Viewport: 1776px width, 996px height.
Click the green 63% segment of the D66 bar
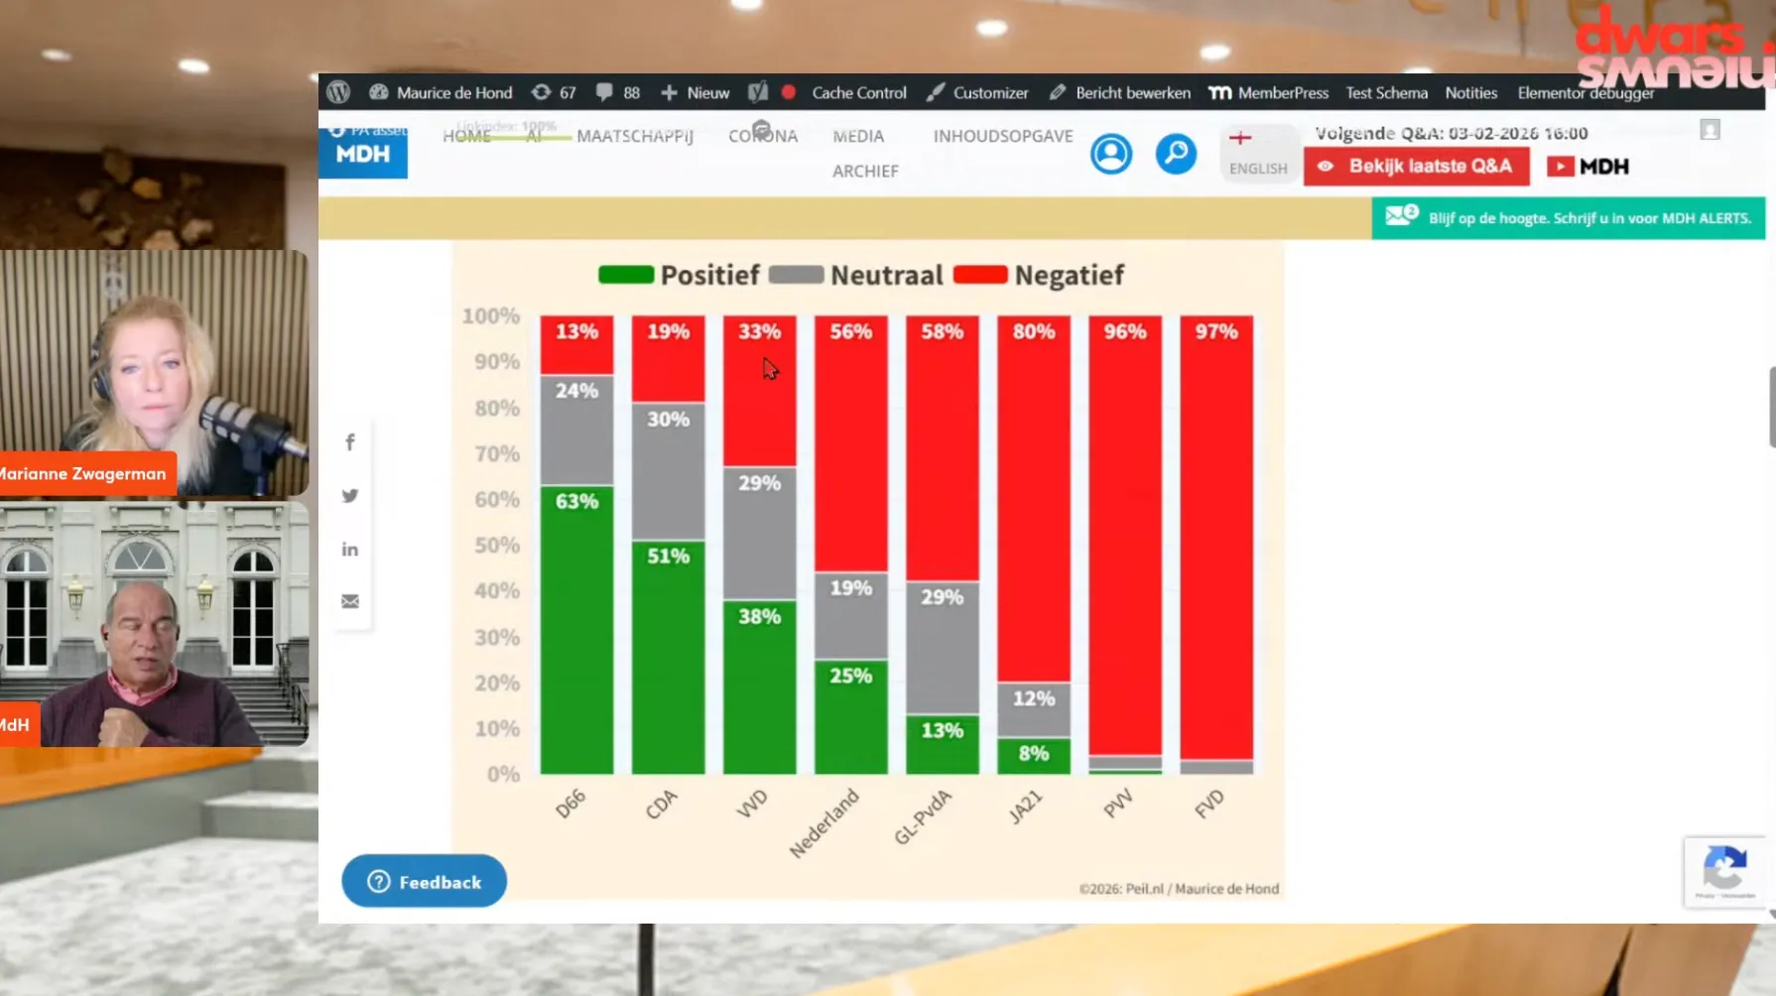576,629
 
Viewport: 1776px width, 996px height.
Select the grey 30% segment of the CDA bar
668,470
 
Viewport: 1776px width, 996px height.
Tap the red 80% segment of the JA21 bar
1033,498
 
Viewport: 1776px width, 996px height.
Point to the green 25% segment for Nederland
850,716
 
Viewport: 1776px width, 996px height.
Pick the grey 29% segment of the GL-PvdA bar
942,647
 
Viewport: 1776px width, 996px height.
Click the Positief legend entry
679,275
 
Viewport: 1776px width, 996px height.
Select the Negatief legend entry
1039,275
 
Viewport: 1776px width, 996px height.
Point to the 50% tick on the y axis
496,545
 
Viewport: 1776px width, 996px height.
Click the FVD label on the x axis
1209,804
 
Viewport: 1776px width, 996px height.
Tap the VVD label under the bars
752,804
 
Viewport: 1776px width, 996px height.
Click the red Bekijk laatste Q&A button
1416,167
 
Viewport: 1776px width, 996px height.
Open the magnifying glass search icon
1176,154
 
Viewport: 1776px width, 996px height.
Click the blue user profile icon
1111,154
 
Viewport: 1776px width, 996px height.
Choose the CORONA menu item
763,136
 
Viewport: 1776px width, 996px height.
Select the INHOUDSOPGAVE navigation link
1003,136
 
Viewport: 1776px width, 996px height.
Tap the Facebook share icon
350,442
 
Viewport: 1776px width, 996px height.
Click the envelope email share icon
350,601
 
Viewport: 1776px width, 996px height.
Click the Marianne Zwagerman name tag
85,474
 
